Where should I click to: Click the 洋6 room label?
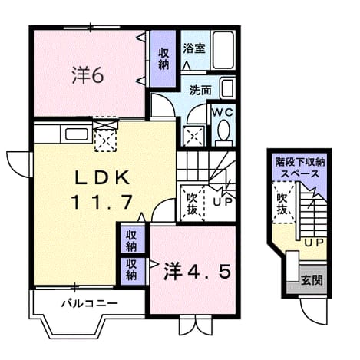[x=88, y=75]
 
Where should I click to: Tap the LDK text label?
[x=102, y=177]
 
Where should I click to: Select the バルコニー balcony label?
[x=90, y=304]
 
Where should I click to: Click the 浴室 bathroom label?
[x=194, y=48]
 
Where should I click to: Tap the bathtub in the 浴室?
[x=223, y=50]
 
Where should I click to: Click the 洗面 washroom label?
[x=200, y=91]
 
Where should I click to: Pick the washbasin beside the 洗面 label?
[x=227, y=88]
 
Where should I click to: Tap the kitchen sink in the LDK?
[x=76, y=134]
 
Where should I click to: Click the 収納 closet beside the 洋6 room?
[x=163, y=58]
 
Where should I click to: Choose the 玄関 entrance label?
[x=312, y=280]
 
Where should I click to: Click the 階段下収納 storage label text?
[x=300, y=162]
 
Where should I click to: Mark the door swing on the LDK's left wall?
[x=18, y=164]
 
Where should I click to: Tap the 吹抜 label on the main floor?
[x=192, y=203]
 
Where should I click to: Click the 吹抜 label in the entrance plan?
[x=282, y=203]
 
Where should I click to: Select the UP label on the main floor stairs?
[x=223, y=202]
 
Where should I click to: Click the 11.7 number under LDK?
[x=102, y=202]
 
